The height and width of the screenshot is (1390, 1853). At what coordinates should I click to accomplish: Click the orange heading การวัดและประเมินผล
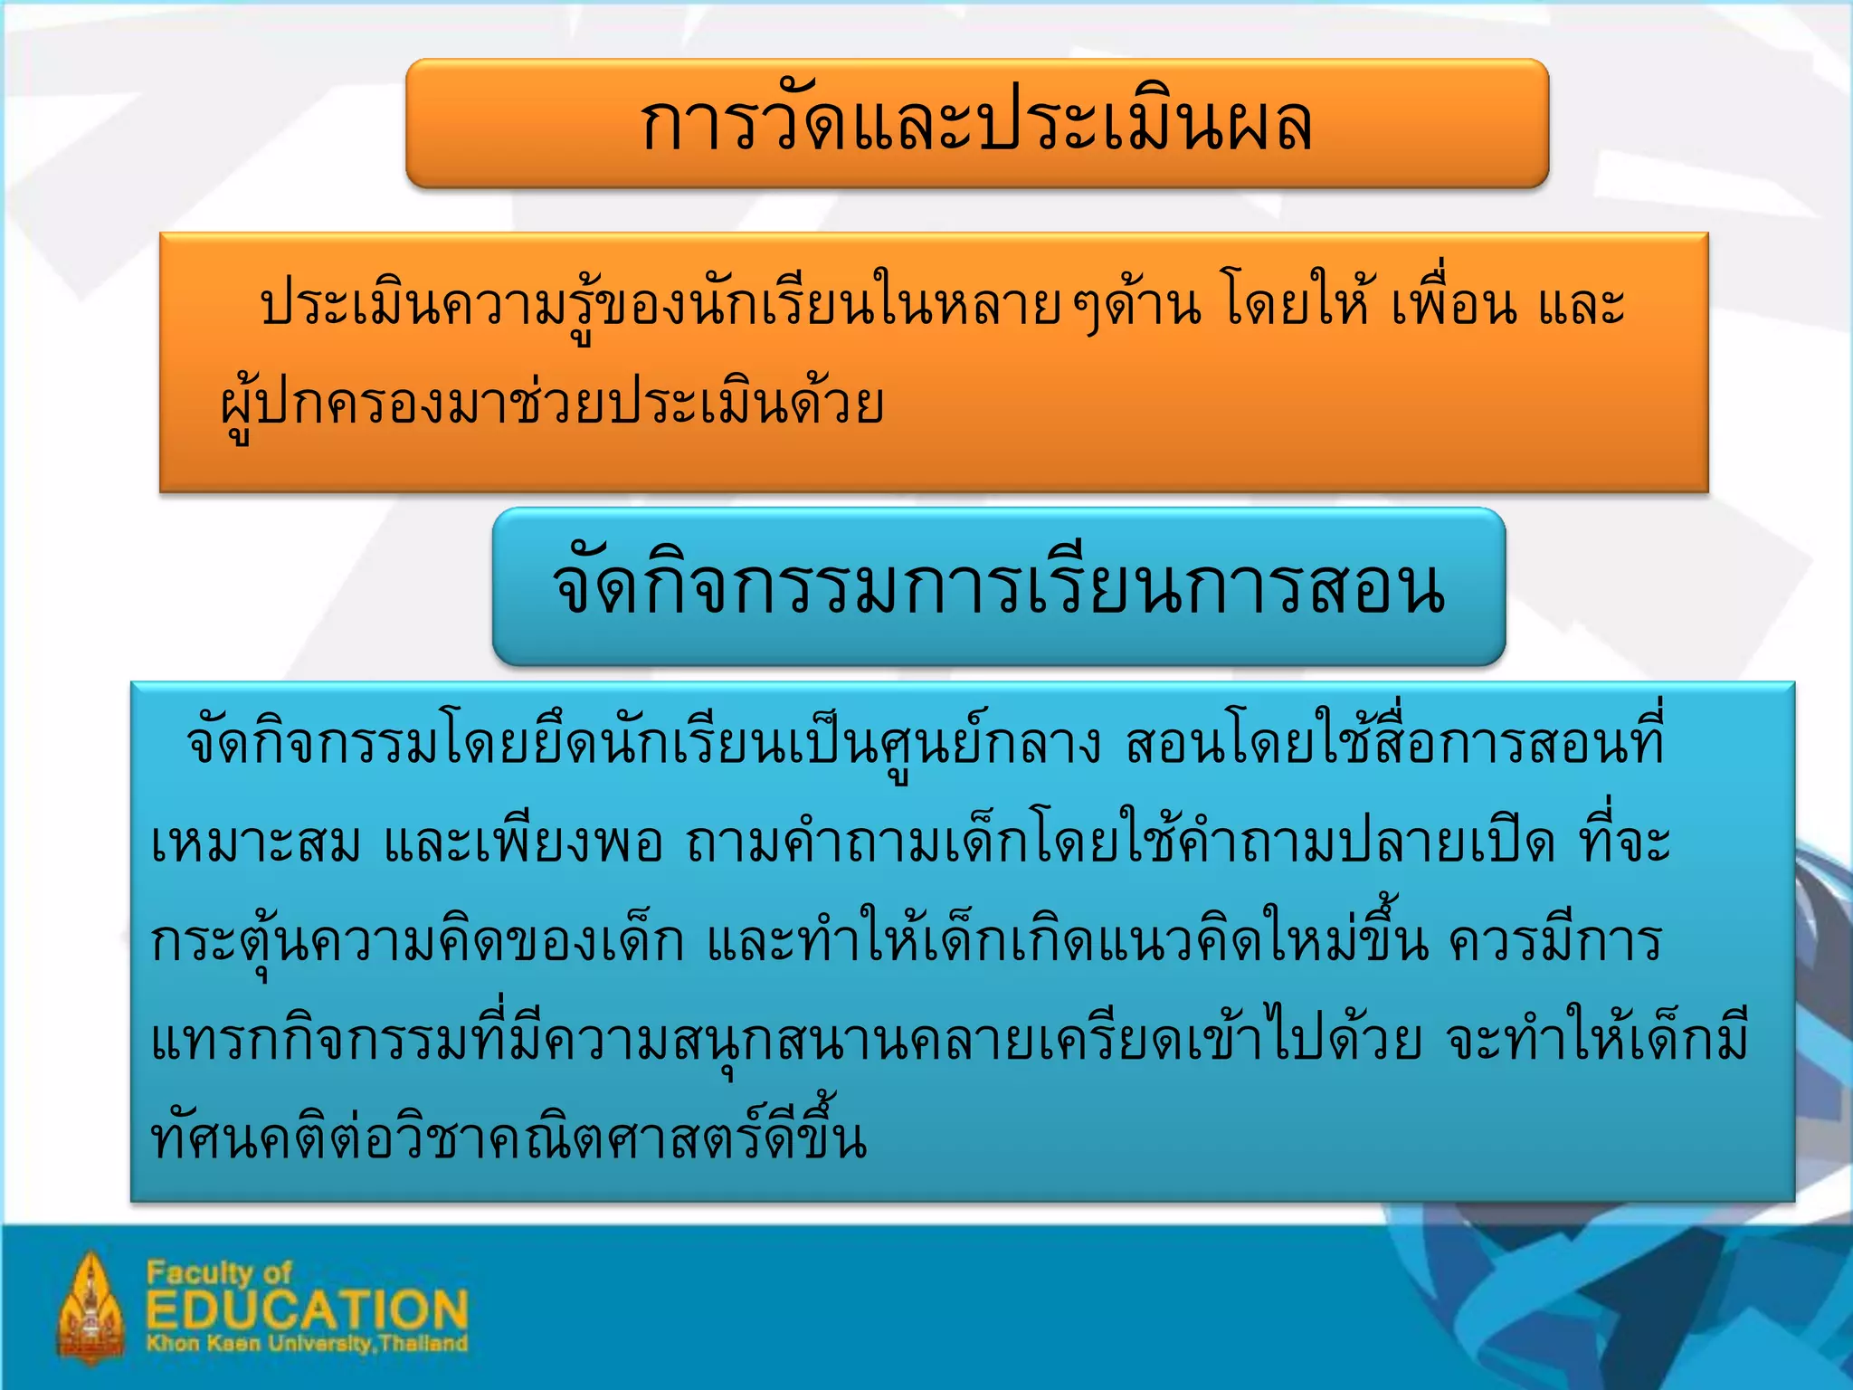point(976,124)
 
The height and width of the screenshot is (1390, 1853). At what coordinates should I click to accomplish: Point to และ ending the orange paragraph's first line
point(1582,306)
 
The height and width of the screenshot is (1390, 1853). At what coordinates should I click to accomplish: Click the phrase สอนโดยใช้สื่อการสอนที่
point(1394,744)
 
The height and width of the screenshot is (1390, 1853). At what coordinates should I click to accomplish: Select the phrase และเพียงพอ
point(523,844)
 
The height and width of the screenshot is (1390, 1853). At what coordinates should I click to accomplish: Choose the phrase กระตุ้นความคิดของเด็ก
point(417,943)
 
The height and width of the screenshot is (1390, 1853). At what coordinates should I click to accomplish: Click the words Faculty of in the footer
point(219,1273)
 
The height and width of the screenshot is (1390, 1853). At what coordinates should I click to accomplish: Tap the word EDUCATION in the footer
point(308,1310)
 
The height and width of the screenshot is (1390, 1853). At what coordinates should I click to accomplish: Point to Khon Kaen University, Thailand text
point(308,1343)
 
